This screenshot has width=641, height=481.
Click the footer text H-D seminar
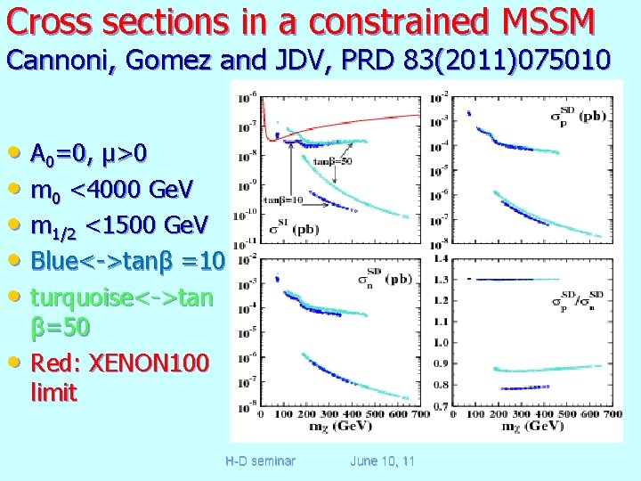[x=260, y=461]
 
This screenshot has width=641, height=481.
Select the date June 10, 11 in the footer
[x=382, y=461]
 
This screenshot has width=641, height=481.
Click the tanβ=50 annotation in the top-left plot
[x=331, y=161]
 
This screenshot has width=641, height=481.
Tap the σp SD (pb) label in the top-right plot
[x=580, y=117]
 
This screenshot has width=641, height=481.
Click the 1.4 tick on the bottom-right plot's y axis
[x=440, y=258]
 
